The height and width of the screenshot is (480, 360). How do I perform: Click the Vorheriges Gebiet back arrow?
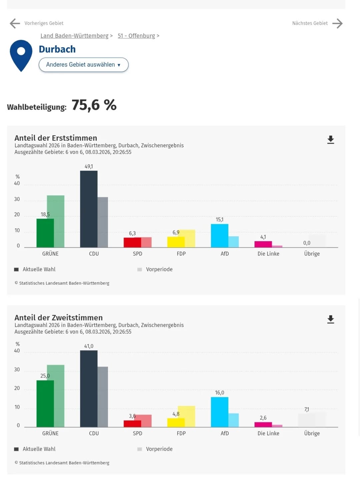click(15, 23)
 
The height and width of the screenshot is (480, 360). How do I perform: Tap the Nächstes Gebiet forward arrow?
click(337, 23)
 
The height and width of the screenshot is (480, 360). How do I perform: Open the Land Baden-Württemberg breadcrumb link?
click(74, 36)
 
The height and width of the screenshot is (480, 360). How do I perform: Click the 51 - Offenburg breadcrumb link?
click(136, 36)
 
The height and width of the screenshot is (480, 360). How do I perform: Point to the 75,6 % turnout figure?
click(94, 105)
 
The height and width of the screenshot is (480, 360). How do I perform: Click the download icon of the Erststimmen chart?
click(330, 140)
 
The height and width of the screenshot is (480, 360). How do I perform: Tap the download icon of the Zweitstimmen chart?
click(330, 319)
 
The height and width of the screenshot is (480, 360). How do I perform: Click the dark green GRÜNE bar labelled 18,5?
click(45, 233)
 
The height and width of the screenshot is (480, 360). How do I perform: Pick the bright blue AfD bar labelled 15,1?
click(220, 236)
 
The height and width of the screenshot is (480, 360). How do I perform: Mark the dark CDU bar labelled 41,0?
click(89, 389)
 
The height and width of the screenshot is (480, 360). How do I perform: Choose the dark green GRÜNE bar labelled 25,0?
click(45, 404)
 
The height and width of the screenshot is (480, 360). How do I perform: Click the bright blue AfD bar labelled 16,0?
click(220, 412)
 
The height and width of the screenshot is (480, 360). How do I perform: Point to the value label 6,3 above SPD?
click(132, 233)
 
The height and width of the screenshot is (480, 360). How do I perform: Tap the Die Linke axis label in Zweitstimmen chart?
click(268, 433)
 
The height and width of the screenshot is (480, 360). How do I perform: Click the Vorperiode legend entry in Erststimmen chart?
click(159, 269)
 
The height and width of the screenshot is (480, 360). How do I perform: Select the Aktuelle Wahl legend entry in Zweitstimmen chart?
click(39, 449)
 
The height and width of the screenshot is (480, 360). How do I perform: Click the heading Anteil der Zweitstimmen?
click(59, 318)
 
